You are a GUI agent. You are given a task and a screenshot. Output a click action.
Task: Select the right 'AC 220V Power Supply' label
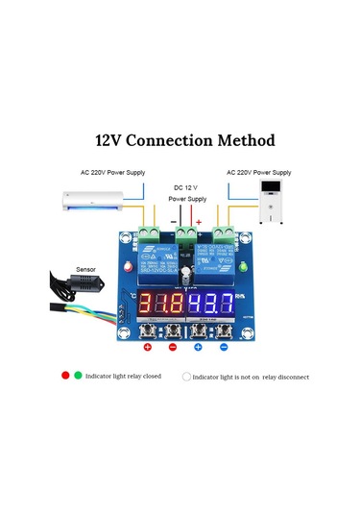point(260,174)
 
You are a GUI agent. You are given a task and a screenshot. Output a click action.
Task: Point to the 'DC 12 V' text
point(186,186)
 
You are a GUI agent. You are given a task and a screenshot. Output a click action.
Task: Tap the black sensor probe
point(65,288)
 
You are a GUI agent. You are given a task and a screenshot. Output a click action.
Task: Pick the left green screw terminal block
point(150,233)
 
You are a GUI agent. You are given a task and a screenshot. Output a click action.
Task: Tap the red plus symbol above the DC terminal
point(200,222)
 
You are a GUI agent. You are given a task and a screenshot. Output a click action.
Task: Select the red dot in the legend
point(65,377)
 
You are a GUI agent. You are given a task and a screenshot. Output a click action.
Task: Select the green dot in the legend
point(76,377)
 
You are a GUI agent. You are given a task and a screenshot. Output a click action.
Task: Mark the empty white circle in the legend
point(186,377)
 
